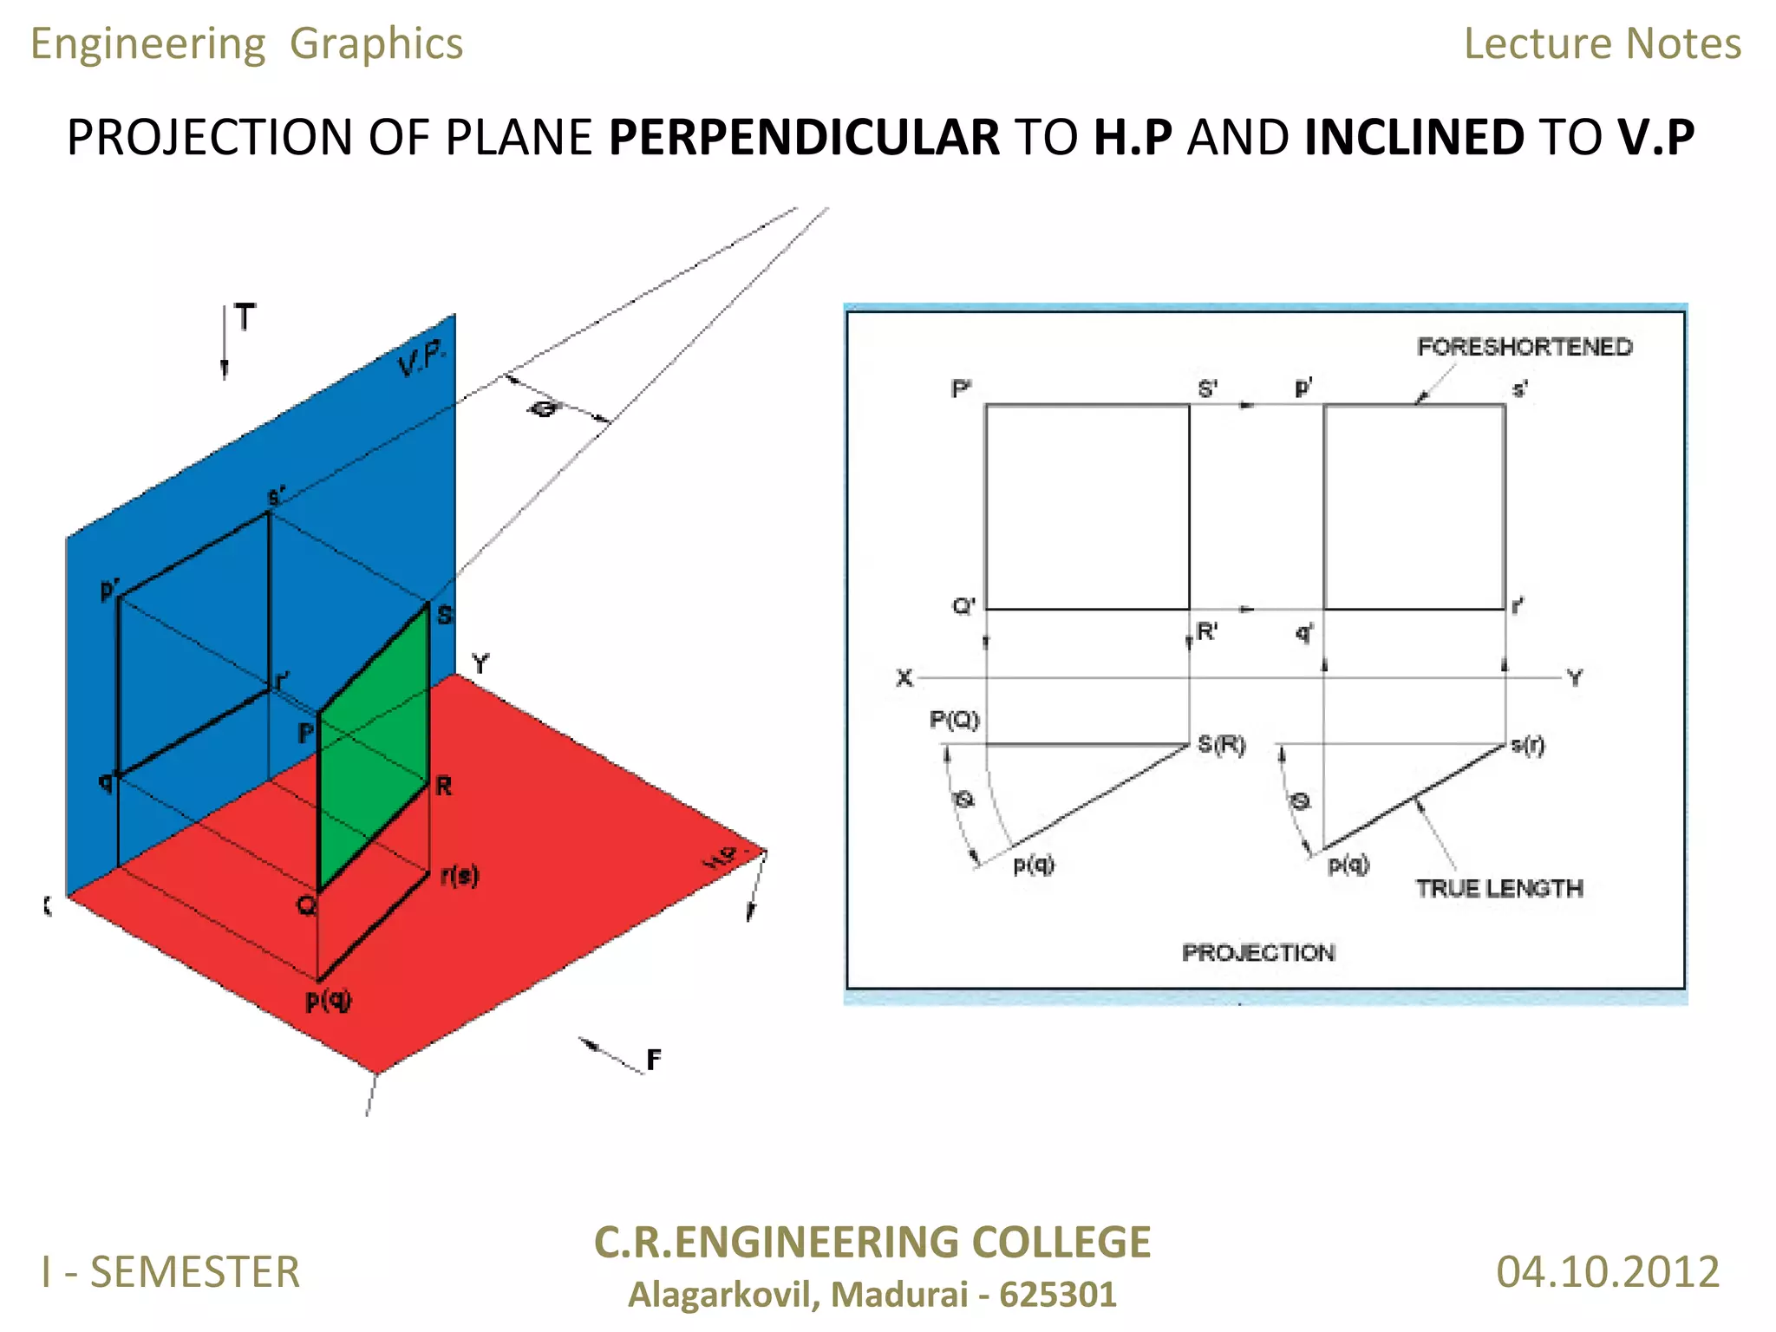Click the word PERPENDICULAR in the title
[x=803, y=137]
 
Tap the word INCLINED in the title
[x=1414, y=137]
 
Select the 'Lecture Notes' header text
[x=1602, y=43]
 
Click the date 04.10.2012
[x=1607, y=1272]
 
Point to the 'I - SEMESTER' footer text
[x=171, y=1272]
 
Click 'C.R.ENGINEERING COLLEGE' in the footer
[x=872, y=1242]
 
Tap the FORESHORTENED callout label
[x=1524, y=347]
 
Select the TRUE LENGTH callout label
[x=1498, y=888]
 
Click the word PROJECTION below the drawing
[x=1257, y=952]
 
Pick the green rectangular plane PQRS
[x=373, y=746]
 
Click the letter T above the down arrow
[x=245, y=317]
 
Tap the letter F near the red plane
[x=653, y=1059]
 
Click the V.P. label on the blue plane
[x=422, y=358]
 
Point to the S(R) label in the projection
[x=1221, y=744]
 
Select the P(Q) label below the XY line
[x=954, y=719]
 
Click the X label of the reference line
[x=904, y=677]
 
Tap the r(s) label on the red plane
[x=459, y=875]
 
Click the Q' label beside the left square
[x=963, y=605]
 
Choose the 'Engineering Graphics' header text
[x=246, y=43]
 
